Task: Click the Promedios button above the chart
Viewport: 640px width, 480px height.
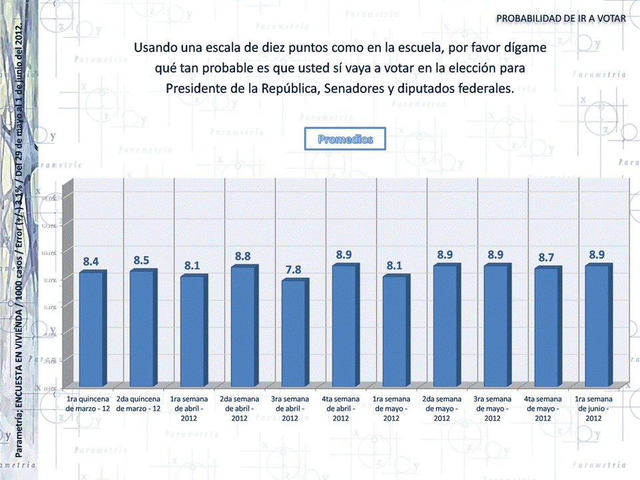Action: click(x=345, y=139)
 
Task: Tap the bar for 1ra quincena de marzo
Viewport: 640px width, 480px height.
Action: click(x=90, y=329)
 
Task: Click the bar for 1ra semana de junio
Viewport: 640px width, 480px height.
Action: click(x=595, y=326)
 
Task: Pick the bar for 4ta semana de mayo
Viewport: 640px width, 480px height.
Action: click(x=545, y=327)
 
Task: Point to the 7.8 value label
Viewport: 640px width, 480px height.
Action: click(x=293, y=270)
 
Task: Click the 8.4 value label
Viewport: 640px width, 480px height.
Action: click(x=91, y=262)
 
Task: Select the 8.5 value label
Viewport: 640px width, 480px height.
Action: click(x=141, y=260)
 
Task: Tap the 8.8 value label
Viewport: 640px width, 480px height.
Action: click(x=242, y=256)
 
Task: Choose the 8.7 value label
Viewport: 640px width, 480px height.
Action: click(x=546, y=257)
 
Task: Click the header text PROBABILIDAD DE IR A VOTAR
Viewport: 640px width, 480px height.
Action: click(x=561, y=18)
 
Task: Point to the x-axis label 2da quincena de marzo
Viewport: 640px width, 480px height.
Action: click(x=139, y=403)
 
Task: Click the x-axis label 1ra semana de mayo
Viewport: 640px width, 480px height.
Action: click(x=392, y=408)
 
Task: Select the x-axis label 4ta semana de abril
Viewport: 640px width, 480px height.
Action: click(x=341, y=408)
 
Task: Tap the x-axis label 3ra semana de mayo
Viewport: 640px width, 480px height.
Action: click(x=493, y=408)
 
